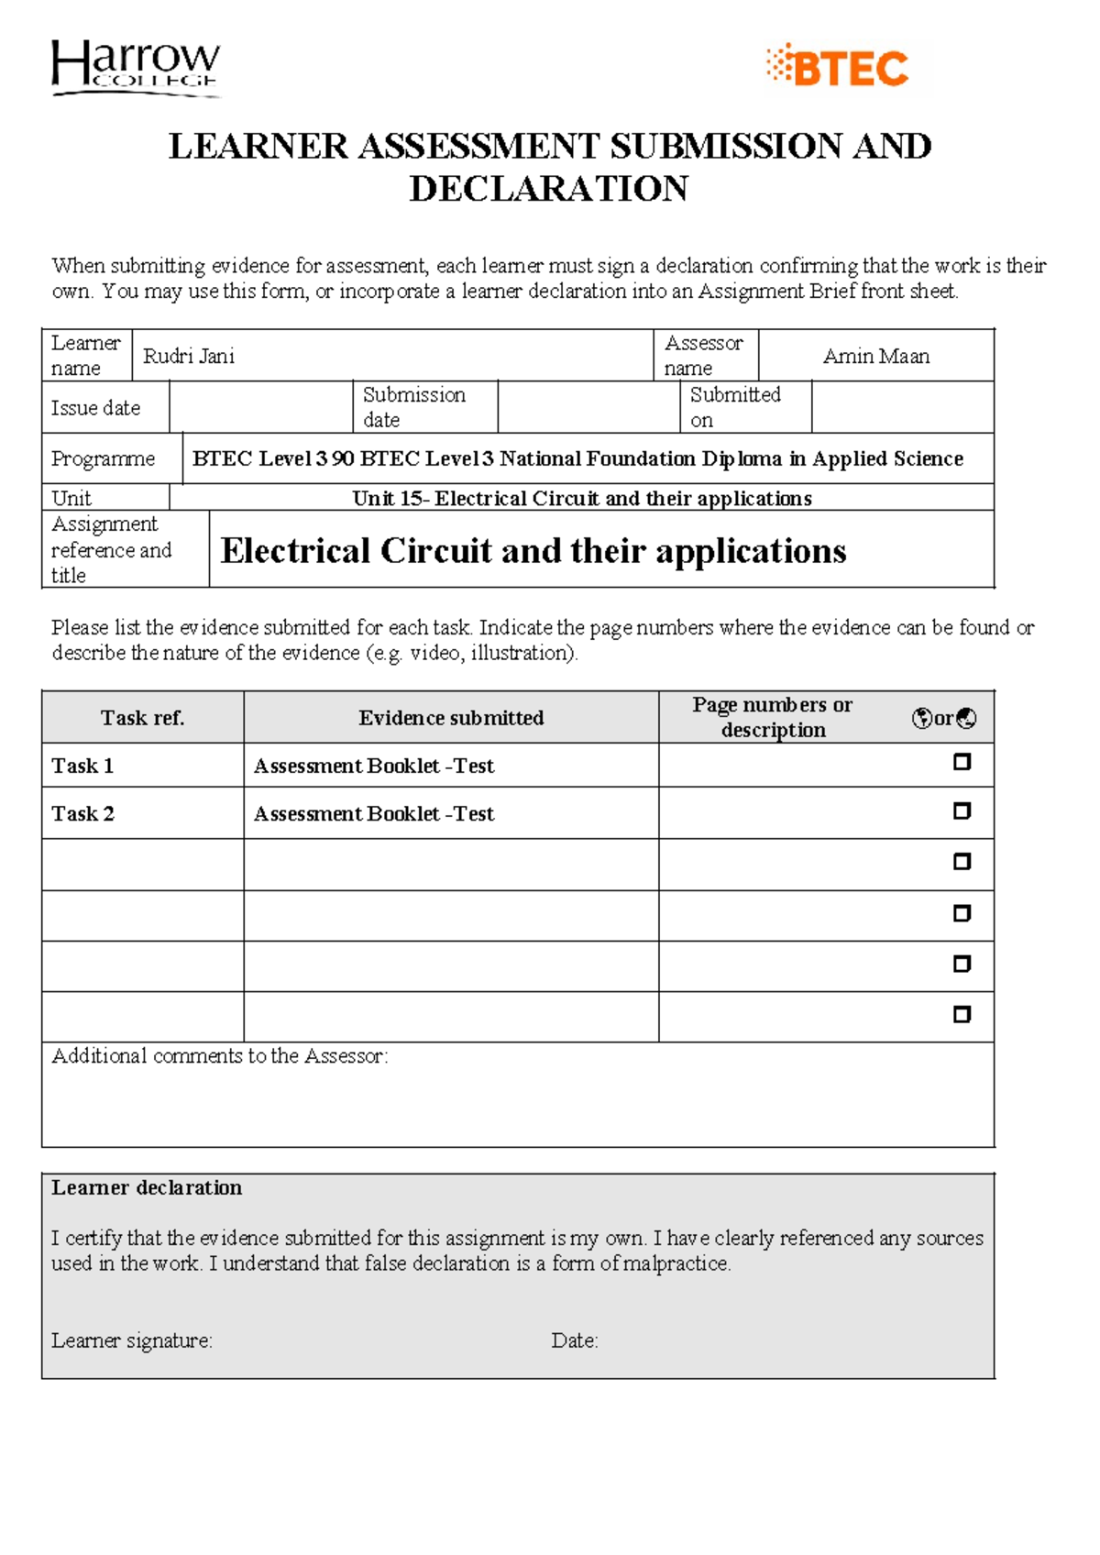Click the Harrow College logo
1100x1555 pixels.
coord(136,67)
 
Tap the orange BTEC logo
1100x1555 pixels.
coord(839,68)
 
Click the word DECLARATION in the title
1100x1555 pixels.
coord(548,189)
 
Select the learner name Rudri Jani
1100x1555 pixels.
coord(189,356)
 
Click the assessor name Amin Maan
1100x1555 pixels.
coord(875,356)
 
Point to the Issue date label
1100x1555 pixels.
coord(95,408)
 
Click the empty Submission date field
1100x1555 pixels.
coord(588,407)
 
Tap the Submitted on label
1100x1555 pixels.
coord(734,407)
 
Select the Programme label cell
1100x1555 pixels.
coord(103,458)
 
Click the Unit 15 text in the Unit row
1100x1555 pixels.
coord(581,498)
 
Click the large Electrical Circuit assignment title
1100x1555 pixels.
coord(533,550)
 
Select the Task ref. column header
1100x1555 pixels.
coord(142,718)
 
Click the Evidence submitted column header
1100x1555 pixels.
coord(450,718)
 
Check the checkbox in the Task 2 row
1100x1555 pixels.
coord(962,811)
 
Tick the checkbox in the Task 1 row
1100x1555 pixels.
coord(962,762)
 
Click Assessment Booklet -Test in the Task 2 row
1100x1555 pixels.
coord(373,813)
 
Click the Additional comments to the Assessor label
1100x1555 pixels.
coord(219,1056)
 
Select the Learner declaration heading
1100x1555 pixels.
coord(147,1187)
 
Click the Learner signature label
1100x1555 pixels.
coord(131,1340)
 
